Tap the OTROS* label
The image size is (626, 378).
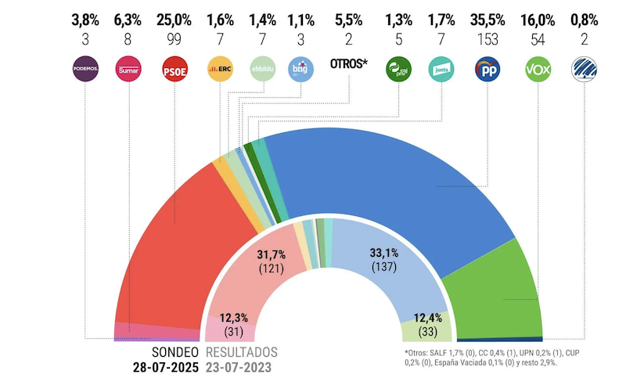pyautogui.click(x=349, y=64)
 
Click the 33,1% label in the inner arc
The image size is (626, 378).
pyautogui.click(x=383, y=254)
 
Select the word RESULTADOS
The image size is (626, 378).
pyautogui.click(x=242, y=352)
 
